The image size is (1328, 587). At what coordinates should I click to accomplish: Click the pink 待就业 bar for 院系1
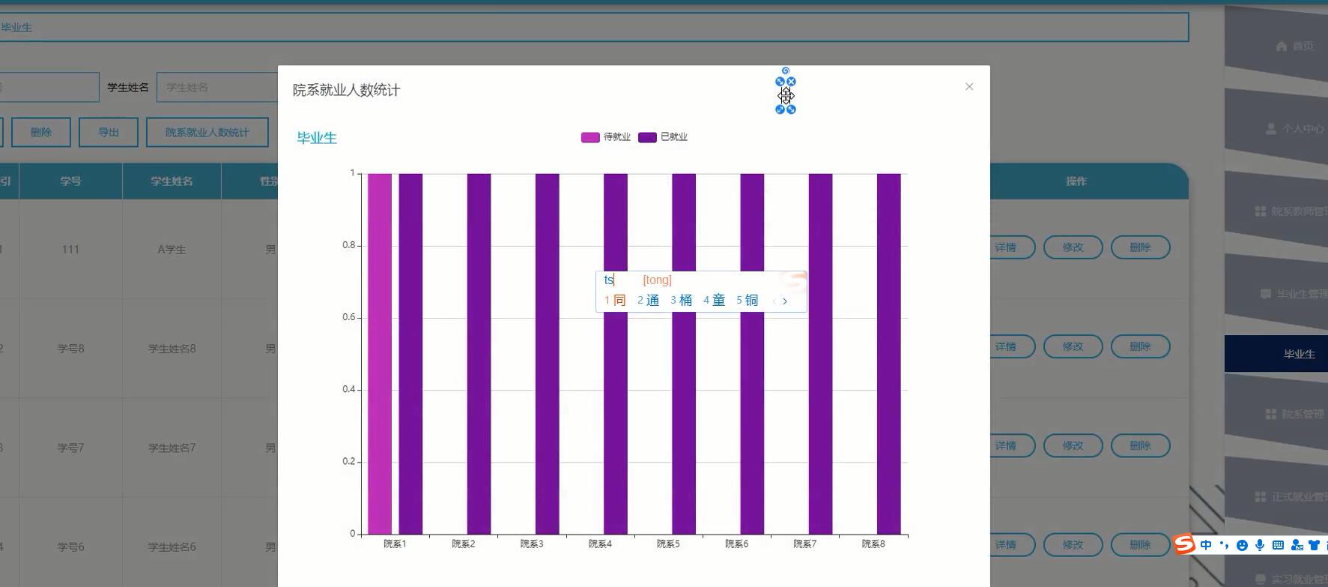pos(379,353)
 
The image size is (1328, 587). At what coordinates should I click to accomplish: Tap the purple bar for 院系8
pos(888,353)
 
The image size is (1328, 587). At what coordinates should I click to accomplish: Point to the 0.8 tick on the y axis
pos(349,245)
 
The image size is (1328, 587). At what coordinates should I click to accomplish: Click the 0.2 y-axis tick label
pos(349,462)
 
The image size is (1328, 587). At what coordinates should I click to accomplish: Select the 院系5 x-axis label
pos(668,544)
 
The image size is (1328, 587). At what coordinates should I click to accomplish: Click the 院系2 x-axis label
pos(463,544)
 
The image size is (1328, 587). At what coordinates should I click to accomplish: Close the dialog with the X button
pos(969,87)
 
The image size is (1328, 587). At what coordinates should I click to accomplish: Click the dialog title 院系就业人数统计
pos(346,91)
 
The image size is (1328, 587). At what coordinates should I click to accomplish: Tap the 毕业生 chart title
pos(317,138)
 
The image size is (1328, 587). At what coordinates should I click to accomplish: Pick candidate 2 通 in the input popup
pos(649,301)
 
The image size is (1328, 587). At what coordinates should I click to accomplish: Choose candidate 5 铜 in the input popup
pos(748,301)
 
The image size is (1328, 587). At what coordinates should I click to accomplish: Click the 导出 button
pos(109,133)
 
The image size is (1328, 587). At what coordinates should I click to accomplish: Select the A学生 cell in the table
pos(172,250)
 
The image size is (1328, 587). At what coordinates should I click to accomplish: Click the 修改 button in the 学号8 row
pos(1073,346)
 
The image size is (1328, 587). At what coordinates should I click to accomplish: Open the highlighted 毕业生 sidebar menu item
pos(1299,354)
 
